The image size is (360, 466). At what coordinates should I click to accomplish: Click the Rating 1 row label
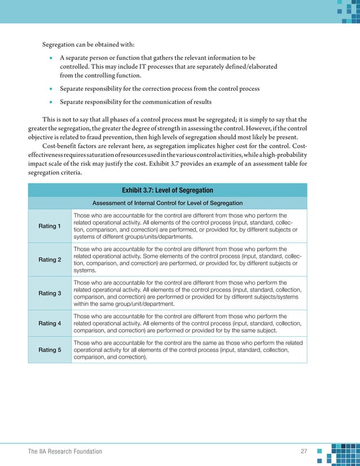[x=50, y=226]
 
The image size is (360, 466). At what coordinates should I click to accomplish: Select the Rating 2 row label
[x=50, y=260]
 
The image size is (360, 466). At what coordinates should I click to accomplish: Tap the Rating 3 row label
[x=50, y=293]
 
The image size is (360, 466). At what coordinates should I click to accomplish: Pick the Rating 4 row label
[x=50, y=323]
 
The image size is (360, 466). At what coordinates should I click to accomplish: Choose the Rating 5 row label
[x=50, y=350]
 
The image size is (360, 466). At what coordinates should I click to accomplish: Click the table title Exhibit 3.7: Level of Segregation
[x=168, y=190]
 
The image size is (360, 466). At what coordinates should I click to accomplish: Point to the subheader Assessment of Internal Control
[x=168, y=203]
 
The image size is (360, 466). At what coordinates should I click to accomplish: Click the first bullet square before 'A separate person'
[x=50, y=58]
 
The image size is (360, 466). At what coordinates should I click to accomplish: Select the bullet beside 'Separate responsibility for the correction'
[x=50, y=89]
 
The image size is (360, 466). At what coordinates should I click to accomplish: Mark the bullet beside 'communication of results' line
[x=50, y=103]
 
